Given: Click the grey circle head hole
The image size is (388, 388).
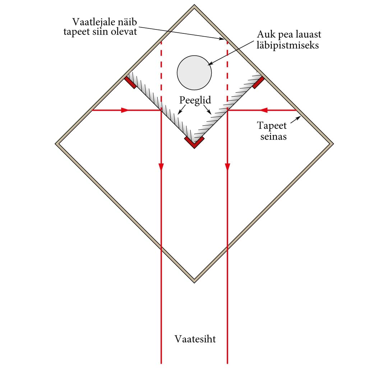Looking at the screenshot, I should pos(194,73).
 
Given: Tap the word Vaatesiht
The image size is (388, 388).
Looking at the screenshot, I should pos(195,339).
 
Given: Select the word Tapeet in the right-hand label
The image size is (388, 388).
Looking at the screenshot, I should pos(272,126).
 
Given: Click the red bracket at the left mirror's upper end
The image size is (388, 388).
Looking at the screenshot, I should pos(130,82).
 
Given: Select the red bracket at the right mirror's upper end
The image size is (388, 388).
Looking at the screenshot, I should pos(258,82).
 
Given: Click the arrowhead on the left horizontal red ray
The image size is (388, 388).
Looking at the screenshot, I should pos(125,110).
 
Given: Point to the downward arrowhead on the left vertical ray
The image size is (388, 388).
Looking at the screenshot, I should pos(161,167).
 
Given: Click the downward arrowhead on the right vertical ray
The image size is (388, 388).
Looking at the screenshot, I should pos(227,167).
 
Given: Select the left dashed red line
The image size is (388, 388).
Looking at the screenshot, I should pos(161,72).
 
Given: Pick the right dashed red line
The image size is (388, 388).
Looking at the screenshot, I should pos(227,72).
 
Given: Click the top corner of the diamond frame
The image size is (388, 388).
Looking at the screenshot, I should pos(194,6).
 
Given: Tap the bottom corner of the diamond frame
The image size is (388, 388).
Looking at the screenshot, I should pos(194,281).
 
